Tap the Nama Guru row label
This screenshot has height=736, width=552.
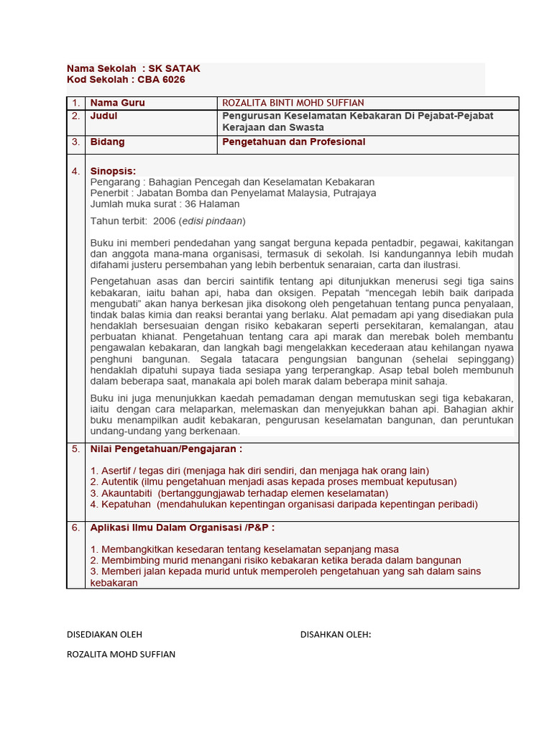pyautogui.click(x=117, y=103)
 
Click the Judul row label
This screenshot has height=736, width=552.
pyautogui.click(x=103, y=116)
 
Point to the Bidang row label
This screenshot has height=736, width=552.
pyautogui.click(x=107, y=142)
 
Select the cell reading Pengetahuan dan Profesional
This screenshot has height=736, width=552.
pyautogui.click(x=293, y=142)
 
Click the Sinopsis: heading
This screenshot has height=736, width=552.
pyautogui.click(x=113, y=171)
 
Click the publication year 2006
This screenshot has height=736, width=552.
pyautogui.click(x=165, y=221)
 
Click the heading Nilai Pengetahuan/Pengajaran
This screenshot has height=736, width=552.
pyautogui.click(x=165, y=449)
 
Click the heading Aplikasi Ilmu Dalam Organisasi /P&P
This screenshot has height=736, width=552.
pyautogui.click(x=182, y=528)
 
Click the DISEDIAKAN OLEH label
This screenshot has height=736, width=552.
pyautogui.click(x=104, y=634)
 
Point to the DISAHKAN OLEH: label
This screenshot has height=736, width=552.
pyautogui.click(x=335, y=634)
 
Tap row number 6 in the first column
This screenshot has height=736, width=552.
pyautogui.click(x=75, y=528)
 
